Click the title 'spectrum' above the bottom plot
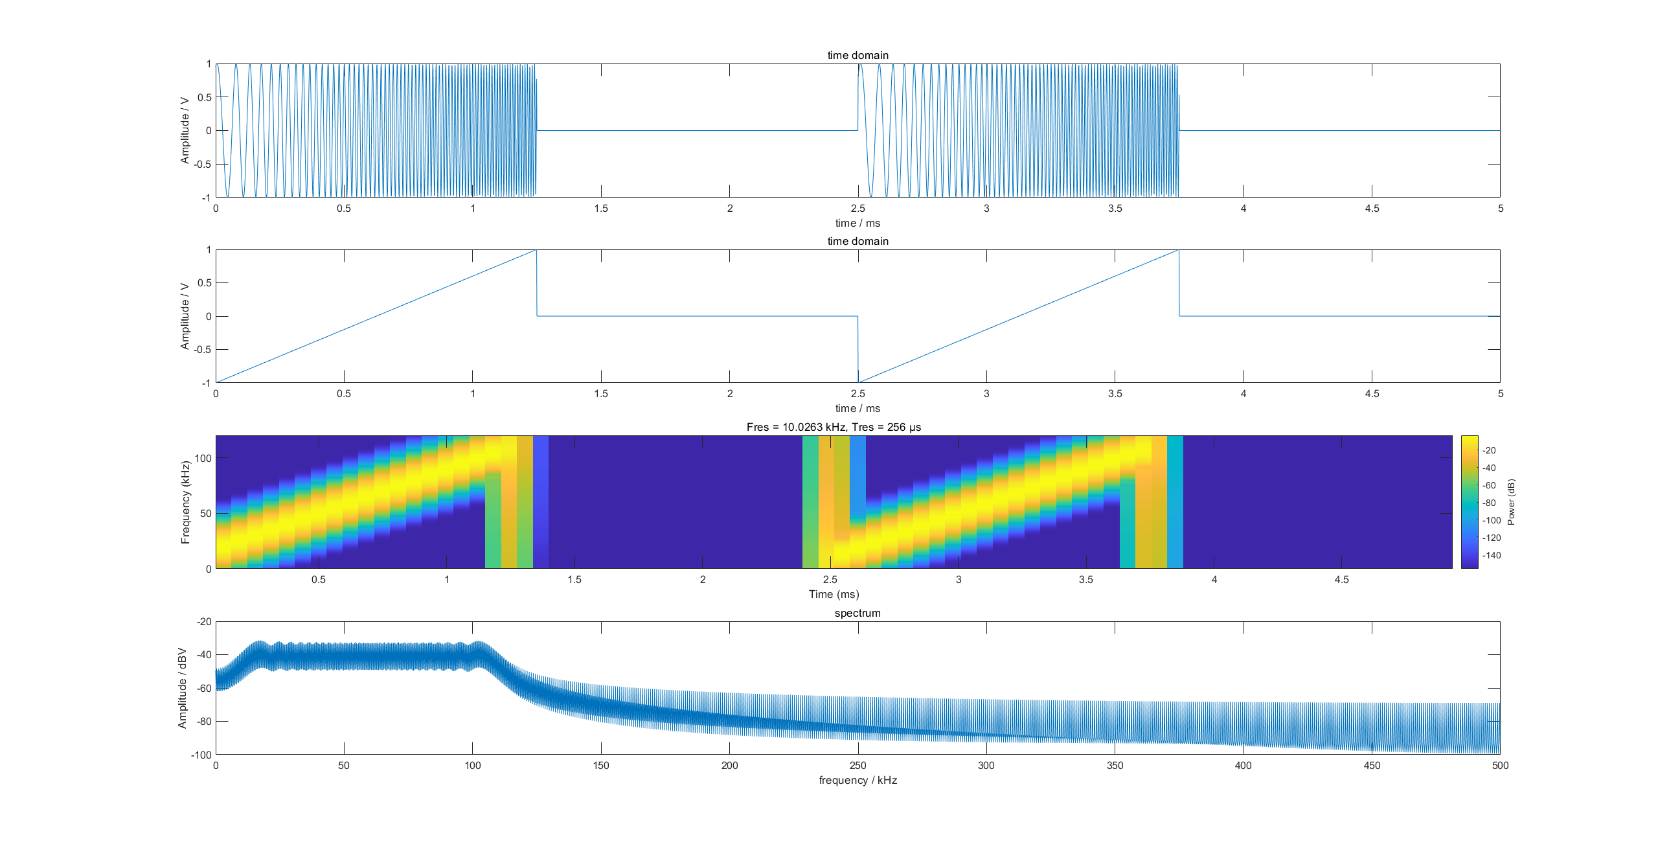pyautogui.click(x=857, y=613)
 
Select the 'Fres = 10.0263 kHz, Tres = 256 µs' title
pyautogui.click(x=834, y=427)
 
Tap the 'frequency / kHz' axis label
pyautogui.click(x=857, y=780)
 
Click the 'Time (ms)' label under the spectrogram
pyautogui.click(x=834, y=594)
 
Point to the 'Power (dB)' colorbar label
pyautogui.click(x=1511, y=502)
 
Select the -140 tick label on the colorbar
pyautogui.click(x=1492, y=555)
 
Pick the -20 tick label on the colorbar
pyautogui.click(x=1489, y=450)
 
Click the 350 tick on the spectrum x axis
pyautogui.click(x=1115, y=765)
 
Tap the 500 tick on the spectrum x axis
pyautogui.click(x=1500, y=765)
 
